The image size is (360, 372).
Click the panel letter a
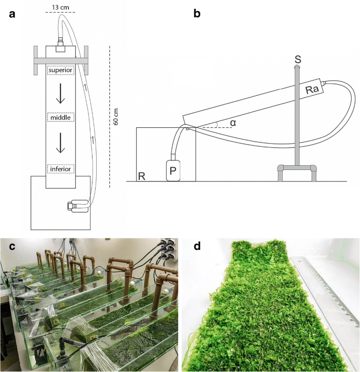(12, 14)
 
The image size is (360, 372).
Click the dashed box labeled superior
(60, 71)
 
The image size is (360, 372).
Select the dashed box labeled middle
(60, 117)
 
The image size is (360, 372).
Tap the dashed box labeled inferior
(60, 169)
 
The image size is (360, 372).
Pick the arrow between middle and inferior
(61, 143)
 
